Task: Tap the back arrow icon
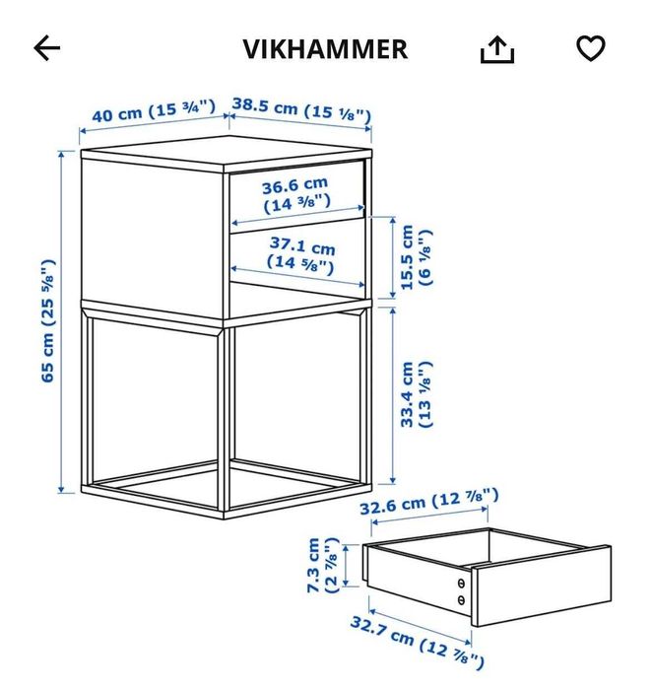pos(47,48)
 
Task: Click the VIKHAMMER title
pos(325,49)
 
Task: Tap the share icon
pos(497,49)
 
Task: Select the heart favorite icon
pos(591,48)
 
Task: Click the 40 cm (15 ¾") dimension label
pos(154,110)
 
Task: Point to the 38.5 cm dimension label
pos(301,109)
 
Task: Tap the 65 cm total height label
pos(48,321)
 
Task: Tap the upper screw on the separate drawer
pos(461,584)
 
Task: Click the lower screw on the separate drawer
pos(461,599)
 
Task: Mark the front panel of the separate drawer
pos(542,586)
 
